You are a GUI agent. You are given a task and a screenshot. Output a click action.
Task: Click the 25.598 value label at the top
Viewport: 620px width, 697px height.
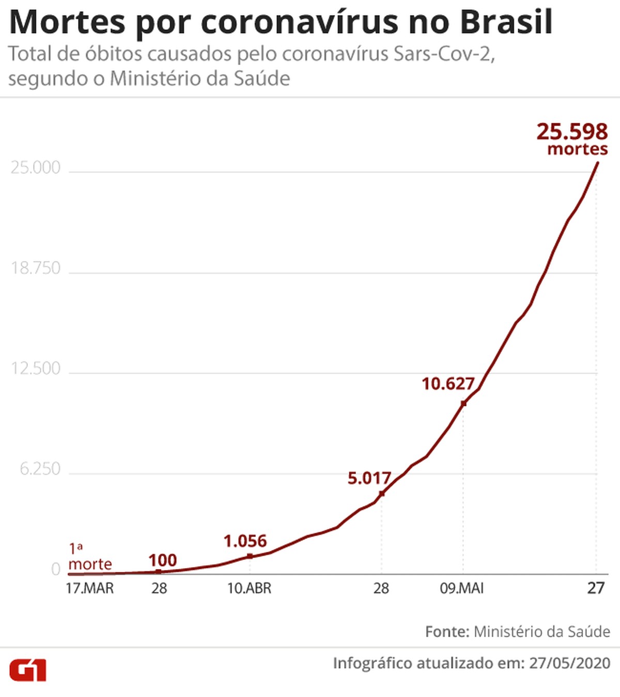[x=572, y=132]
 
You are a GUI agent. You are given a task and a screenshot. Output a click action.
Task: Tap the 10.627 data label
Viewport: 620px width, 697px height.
[x=447, y=384]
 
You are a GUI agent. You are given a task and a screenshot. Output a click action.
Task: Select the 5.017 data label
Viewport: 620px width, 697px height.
[x=369, y=478]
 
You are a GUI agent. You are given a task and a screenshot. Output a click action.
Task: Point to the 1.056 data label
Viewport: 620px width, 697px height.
[x=245, y=541]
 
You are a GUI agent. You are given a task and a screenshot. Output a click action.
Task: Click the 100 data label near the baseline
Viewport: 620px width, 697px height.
[x=162, y=560]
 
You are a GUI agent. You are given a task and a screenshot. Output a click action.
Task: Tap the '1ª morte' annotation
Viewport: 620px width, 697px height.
[x=89, y=557]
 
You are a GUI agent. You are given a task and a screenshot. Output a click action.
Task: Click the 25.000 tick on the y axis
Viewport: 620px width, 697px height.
[x=36, y=168]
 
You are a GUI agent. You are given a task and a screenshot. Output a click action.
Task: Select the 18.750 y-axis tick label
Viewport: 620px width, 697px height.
[x=36, y=268]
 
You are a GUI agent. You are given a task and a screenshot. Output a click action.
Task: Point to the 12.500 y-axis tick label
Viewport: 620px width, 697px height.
[x=36, y=369]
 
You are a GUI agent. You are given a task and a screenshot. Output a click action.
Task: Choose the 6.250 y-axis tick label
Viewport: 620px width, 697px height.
[x=40, y=469]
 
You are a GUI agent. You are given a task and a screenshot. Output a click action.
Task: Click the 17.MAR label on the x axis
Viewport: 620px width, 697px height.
[x=89, y=588]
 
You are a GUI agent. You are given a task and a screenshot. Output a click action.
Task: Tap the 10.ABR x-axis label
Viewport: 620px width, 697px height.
[x=249, y=588]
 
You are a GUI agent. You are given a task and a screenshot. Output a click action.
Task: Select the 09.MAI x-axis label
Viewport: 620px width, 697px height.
[x=461, y=588]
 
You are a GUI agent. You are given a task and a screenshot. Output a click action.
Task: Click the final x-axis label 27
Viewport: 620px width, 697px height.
[x=596, y=588]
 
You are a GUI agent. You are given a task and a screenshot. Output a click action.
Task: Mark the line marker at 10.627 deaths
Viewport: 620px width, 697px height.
[x=463, y=403]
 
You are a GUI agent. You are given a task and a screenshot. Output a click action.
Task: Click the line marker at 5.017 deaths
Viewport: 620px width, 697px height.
[x=382, y=494]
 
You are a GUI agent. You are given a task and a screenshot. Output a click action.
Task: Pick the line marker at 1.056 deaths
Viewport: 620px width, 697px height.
[x=250, y=556]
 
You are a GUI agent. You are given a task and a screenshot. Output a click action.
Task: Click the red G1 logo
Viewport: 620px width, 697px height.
[x=28, y=670]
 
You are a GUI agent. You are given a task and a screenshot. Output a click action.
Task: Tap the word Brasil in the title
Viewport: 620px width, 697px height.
[x=506, y=22]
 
